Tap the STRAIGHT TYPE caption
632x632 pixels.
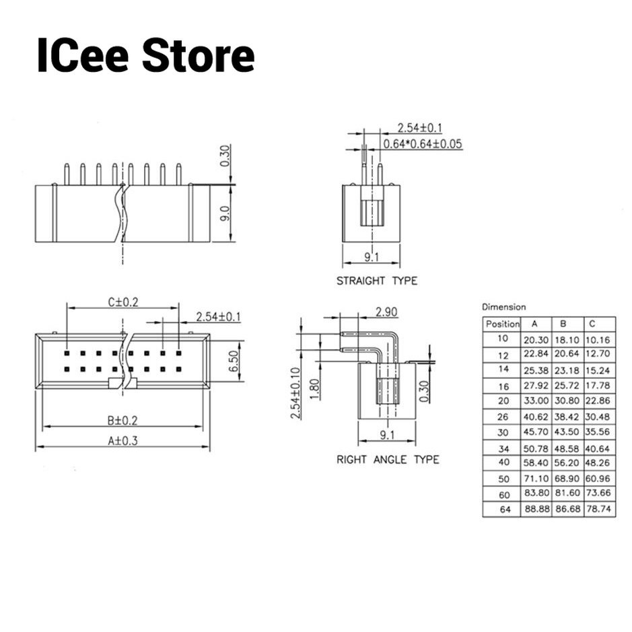pyautogui.click(x=377, y=281)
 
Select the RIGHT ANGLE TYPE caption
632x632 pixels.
pyautogui.click(x=388, y=460)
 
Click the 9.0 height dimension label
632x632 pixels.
pyautogui.click(x=225, y=213)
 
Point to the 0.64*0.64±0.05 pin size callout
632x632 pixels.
pyautogui.click(x=423, y=144)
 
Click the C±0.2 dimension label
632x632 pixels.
pyautogui.click(x=123, y=302)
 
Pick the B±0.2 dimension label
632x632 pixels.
pyautogui.click(x=122, y=421)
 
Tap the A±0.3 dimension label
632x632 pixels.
pyautogui.click(x=122, y=441)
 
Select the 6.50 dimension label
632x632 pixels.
pyautogui.click(x=234, y=361)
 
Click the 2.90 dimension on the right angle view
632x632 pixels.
pyautogui.click(x=386, y=312)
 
